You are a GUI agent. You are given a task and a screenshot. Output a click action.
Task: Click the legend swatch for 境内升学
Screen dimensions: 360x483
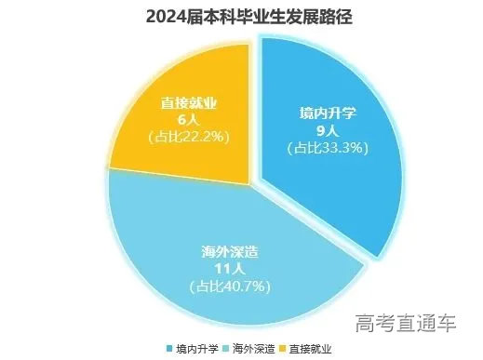point(169,349)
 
